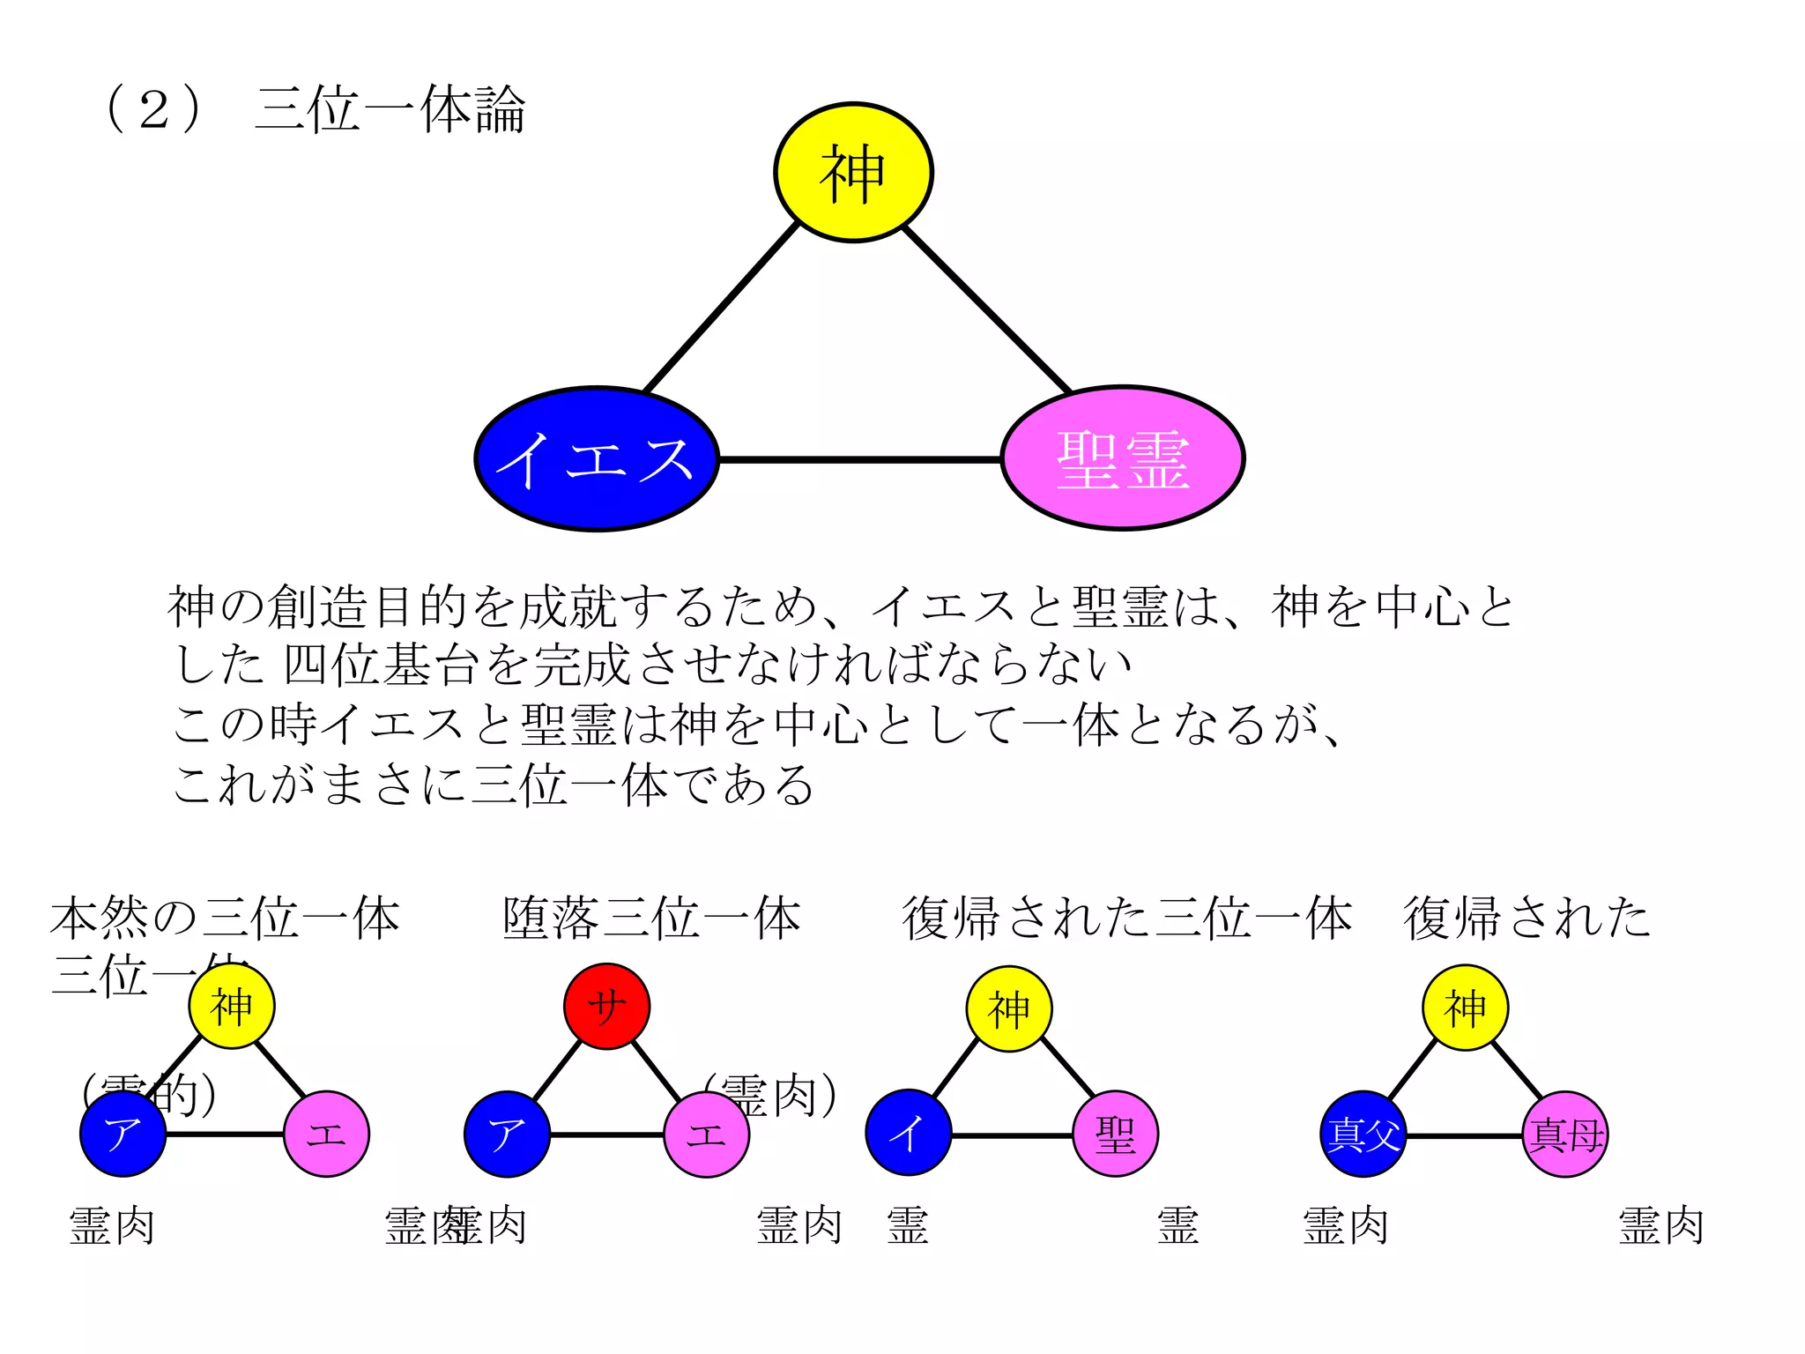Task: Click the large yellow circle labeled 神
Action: tap(852, 173)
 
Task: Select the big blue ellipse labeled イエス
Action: tap(597, 459)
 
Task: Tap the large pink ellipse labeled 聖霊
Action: tap(1122, 458)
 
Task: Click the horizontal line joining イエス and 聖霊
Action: tap(859, 459)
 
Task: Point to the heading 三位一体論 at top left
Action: tap(390, 110)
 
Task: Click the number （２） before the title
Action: tap(154, 110)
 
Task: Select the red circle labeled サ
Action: tap(606, 1006)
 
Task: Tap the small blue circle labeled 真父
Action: tap(1363, 1135)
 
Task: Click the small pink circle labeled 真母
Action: tap(1565, 1135)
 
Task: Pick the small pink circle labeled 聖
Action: tap(1115, 1134)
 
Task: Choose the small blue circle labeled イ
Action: tap(908, 1134)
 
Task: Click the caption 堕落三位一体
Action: tap(651, 918)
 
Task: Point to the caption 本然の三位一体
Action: tap(225, 918)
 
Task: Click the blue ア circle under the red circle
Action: tap(507, 1135)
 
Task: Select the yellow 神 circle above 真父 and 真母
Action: tap(1465, 1008)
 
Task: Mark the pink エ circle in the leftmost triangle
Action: tap(326, 1135)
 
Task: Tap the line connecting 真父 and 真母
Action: tap(1464, 1136)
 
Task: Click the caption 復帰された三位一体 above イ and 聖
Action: tap(1126, 918)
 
